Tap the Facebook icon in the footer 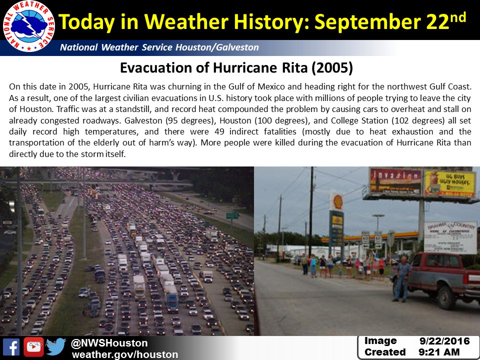click(x=11, y=347)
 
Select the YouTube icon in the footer click(x=33, y=347)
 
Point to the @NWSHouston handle click(x=109, y=343)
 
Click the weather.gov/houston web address click(x=124, y=354)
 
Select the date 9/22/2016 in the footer click(x=445, y=341)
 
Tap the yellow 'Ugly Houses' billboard click(x=449, y=183)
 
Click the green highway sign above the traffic click(x=232, y=216)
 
